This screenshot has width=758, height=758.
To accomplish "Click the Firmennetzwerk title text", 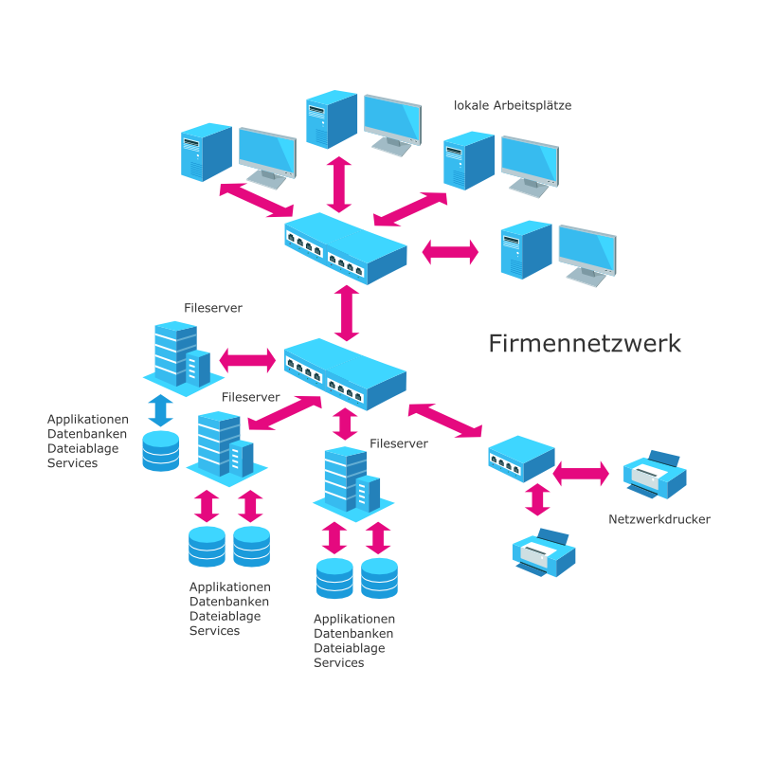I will coord(585,343).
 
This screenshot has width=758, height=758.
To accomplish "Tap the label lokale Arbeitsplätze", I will coord(513,105).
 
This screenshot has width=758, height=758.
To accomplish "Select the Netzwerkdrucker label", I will coord(659,519).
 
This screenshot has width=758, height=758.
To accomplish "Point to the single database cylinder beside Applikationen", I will coord(160,451).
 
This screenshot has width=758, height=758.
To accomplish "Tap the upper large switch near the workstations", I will coord(346,245).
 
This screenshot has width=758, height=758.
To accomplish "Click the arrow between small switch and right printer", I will coord(581,472).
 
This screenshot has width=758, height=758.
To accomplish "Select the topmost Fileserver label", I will coord(212,309).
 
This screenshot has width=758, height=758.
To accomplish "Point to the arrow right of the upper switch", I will coord(450,251).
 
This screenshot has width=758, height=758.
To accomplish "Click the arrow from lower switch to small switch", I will coord(445,421).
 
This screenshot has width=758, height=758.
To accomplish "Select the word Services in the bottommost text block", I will coord(338,663).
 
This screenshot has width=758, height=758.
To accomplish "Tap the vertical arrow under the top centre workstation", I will coord(339,184).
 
